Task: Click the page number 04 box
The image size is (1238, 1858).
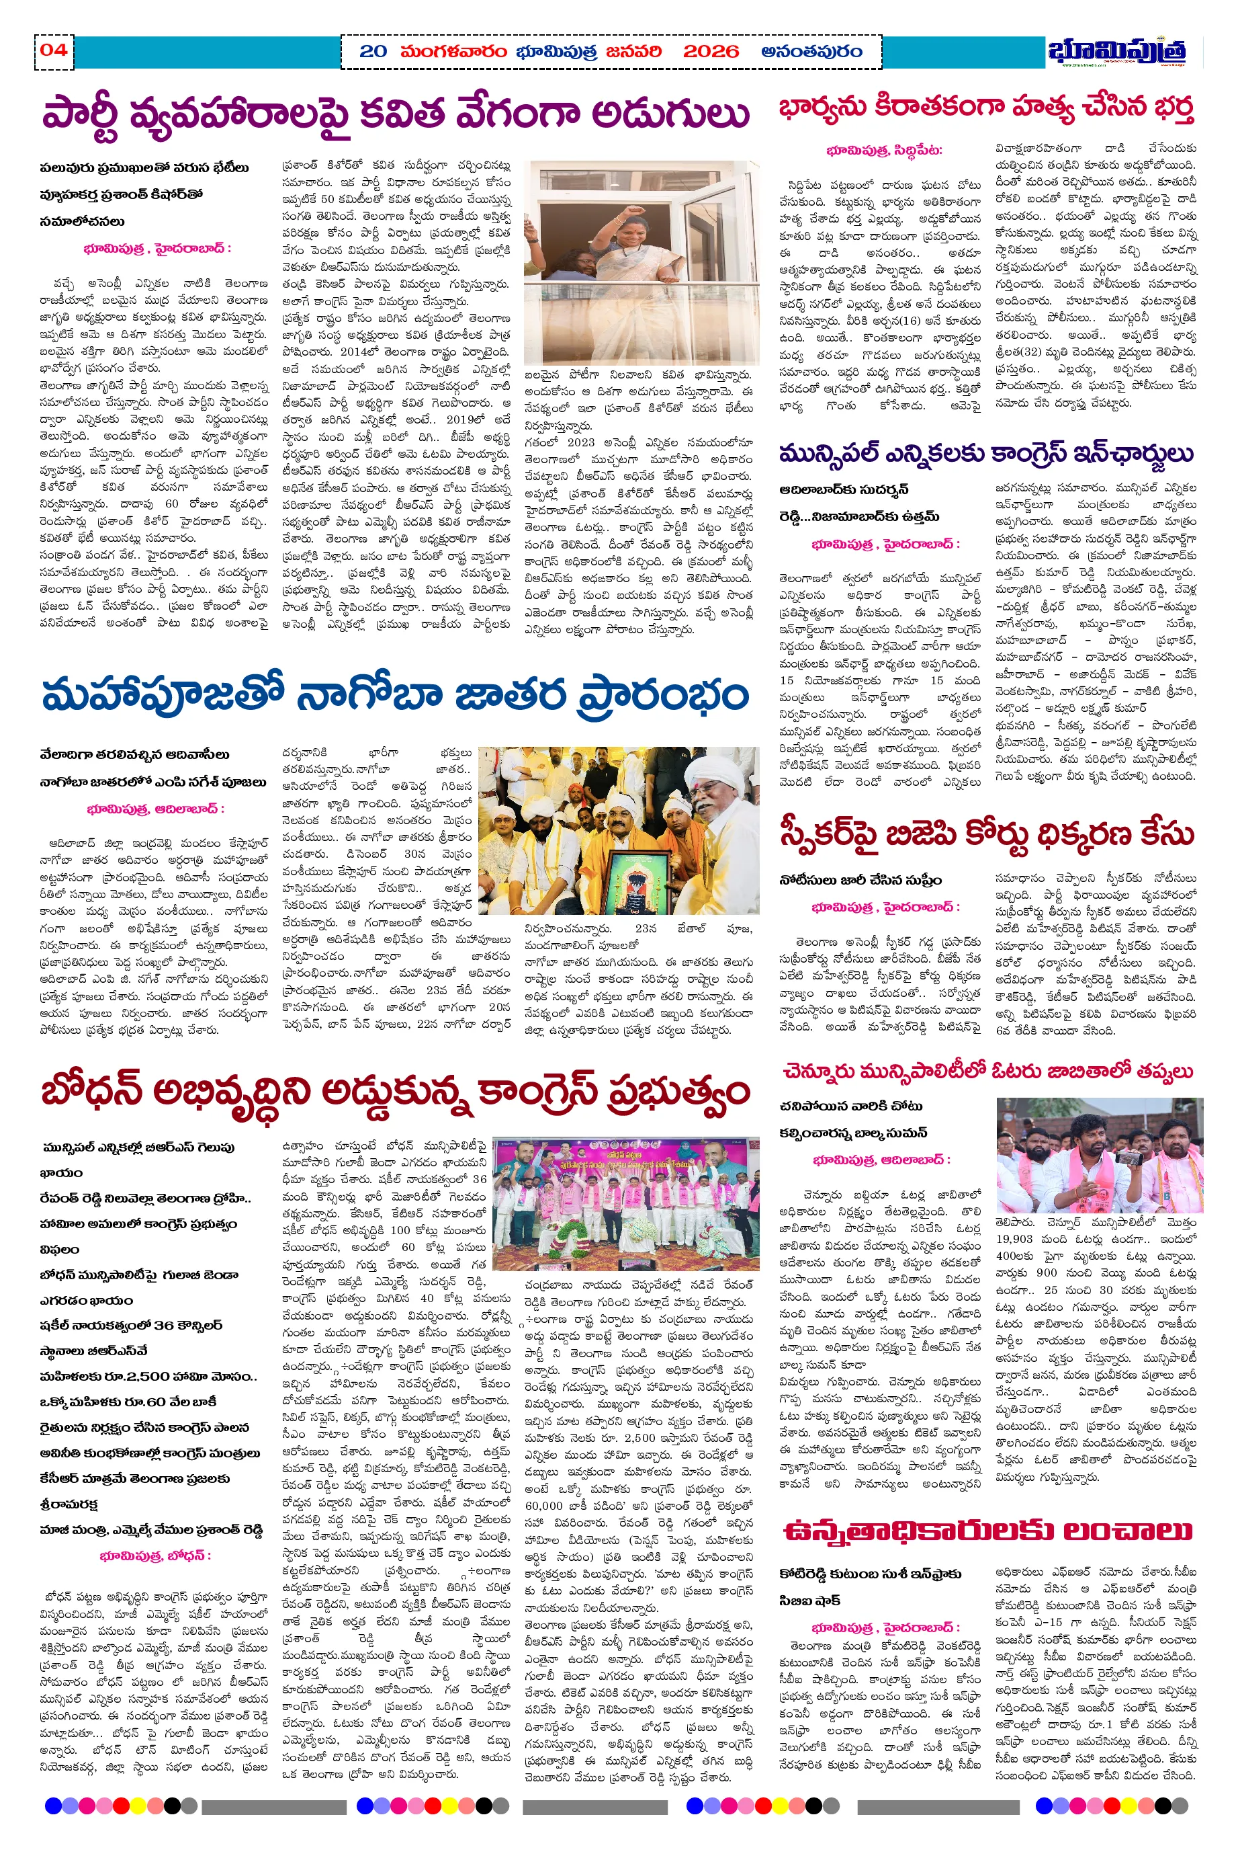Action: click(54, 51)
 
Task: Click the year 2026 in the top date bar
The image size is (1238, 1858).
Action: click(711, 52)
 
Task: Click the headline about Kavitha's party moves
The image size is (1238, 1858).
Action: click(395, 113)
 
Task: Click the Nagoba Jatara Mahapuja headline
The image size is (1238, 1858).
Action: click(395, 696)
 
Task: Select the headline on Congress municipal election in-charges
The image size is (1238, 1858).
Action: click(986, 454)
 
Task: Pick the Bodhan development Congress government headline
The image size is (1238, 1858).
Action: click(395, 1092)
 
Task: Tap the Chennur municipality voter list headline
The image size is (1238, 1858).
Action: click(986, 1072)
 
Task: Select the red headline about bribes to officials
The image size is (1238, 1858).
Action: click(986, 1530)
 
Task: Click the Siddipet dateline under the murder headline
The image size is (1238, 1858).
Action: click(883, 150)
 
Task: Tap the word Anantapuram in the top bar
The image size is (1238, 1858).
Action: click(811, 52)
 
